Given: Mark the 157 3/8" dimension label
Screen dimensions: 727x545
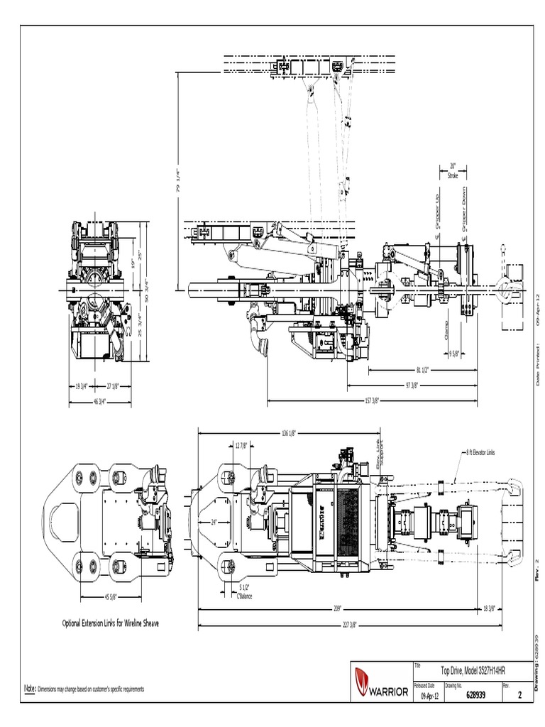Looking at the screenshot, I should click(371, 400).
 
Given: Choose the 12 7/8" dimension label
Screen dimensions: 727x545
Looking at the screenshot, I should click(241, 446).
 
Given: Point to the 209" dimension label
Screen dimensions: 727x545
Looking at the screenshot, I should click(337, 608).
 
